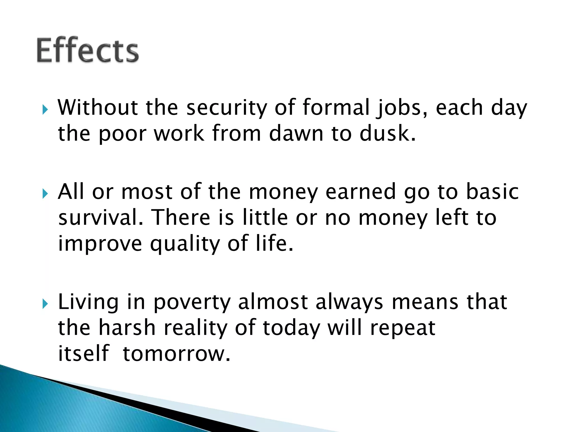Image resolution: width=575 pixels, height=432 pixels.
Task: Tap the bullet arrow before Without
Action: (45, 109)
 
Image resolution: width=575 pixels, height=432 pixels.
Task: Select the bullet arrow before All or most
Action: (45, 193)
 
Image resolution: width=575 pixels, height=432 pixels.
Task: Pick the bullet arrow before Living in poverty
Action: (45, 303)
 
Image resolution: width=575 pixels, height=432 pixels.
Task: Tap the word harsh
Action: (127, 328)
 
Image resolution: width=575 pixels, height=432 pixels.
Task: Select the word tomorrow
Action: (176, 354)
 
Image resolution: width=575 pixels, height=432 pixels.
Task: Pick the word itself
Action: (83, 354)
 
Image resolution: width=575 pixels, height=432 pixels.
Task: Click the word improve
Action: (100, 244)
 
